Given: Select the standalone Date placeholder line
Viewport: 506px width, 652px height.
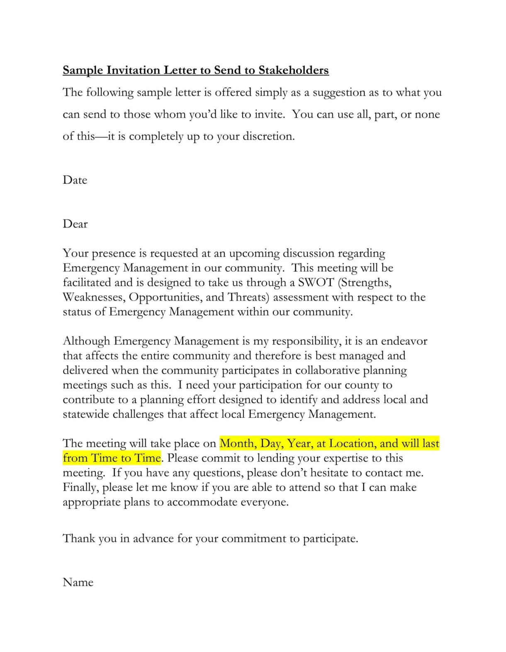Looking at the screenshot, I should pos(75,180).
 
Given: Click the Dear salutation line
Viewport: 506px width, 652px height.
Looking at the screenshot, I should pos(75,224).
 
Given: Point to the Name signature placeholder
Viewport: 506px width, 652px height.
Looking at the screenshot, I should pos(78,582).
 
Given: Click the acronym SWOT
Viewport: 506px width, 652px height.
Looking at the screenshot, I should pos(316,282).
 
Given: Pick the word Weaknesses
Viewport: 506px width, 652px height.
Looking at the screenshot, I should pos(94,297).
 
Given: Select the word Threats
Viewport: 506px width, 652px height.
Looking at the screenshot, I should pos(248,297).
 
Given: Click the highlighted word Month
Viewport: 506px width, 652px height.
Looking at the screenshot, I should pos(238,443).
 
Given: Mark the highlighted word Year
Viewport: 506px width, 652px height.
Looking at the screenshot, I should pos(299,443).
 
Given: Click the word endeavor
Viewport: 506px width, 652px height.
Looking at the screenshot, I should pos(404,341).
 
